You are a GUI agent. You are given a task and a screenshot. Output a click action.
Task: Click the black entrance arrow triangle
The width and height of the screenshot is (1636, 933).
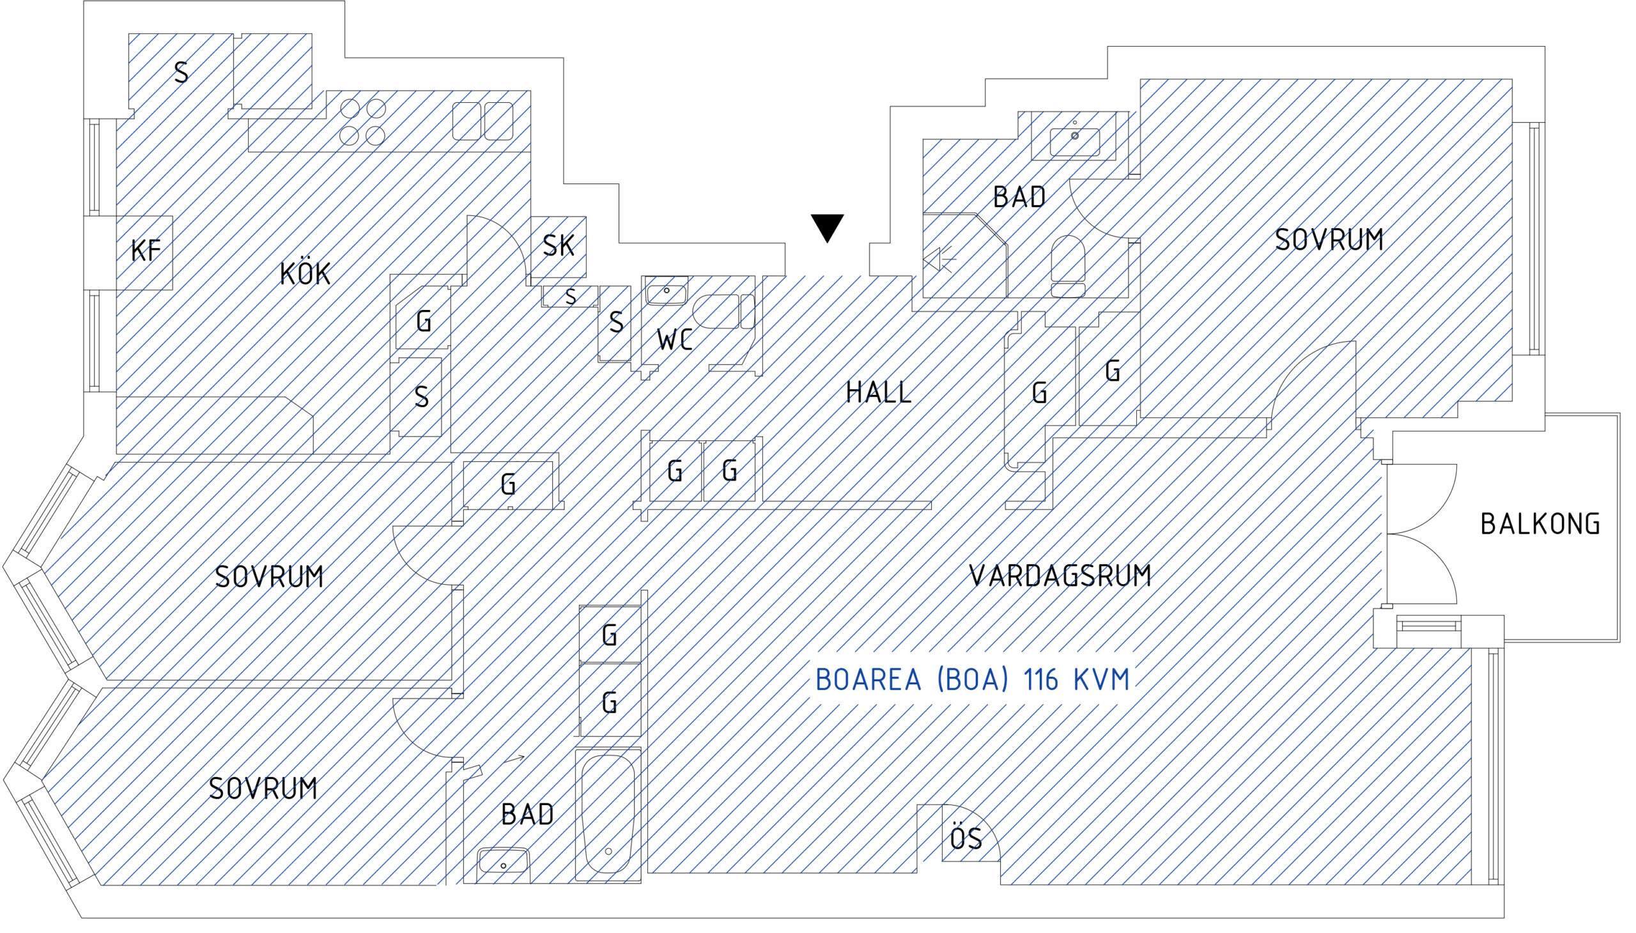(x=828, y=227)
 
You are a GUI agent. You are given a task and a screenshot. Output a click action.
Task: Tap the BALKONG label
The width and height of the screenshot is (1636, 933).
(x=1540, y=524)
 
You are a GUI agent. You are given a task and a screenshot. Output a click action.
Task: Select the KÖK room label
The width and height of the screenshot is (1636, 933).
(x=305, y=274)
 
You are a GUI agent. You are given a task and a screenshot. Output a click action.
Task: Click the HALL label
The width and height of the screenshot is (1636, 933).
(x=879, y=392)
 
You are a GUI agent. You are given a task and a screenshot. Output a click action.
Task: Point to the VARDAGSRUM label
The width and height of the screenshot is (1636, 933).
(x=1060, y=575)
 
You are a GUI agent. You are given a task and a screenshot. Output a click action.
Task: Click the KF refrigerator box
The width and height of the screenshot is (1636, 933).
(x=144, y=252)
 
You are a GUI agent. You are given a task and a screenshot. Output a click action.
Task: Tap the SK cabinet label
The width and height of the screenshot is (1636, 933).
(x=558, y=245)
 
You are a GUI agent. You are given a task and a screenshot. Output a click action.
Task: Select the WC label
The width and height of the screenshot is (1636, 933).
(x=674, y=339)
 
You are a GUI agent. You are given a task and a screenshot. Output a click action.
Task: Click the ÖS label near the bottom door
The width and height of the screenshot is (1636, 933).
(x=966, y=838)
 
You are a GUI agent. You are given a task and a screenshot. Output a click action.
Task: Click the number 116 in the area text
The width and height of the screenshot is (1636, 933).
(x=1040, y=679)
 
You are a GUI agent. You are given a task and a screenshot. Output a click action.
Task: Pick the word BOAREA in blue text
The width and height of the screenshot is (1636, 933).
(x=868, y=679)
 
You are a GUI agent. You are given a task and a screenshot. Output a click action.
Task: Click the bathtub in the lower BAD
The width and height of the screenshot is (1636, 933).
(x=608, y=814)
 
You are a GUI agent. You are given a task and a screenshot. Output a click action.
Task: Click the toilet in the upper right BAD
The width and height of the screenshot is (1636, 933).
(x=1069, y=266)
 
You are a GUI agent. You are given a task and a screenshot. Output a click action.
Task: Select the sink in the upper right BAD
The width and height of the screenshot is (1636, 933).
(x=1075, y=141)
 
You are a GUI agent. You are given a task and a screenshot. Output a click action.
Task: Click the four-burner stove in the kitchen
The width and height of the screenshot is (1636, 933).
(x=363, y=122)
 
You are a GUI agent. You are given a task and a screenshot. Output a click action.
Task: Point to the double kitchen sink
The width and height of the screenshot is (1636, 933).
(x=483, y=121)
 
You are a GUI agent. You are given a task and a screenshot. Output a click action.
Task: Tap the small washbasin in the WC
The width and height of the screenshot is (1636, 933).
(x=667, y=292)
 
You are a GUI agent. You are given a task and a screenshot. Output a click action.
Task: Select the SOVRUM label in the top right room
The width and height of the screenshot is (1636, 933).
(x=1329, y=240)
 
